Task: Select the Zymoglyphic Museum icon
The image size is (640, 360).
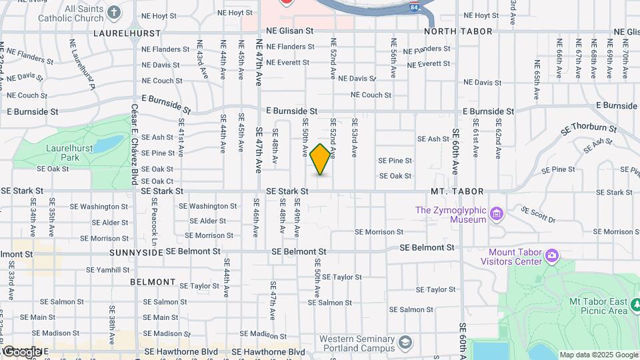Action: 495,214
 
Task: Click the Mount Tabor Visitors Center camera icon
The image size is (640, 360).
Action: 552,256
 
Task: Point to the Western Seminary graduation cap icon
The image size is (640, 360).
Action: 405,343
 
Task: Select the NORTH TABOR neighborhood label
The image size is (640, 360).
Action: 459,31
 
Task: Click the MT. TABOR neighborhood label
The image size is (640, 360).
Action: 457,191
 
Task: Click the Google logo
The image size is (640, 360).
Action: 21,351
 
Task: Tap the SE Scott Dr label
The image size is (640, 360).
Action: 538,215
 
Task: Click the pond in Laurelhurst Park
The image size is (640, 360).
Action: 109,143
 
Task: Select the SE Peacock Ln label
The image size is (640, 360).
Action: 153,220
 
